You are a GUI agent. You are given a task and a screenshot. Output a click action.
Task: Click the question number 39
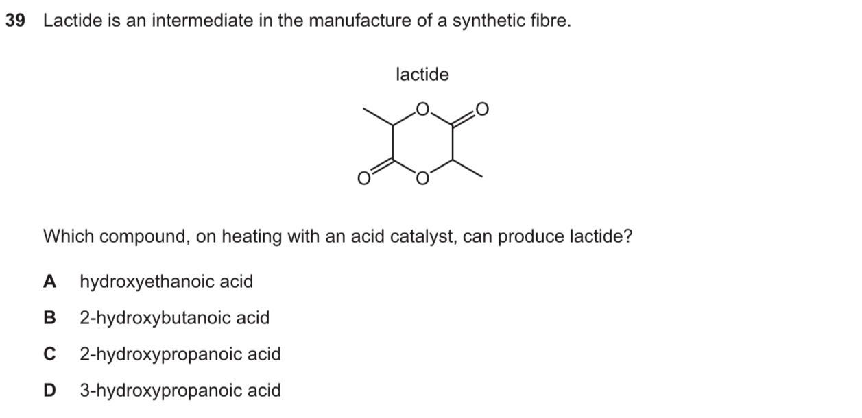(14, 21)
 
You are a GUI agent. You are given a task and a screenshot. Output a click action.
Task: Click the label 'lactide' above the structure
(422, 74)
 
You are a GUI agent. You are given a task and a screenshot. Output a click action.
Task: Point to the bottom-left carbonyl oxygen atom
(363, 180)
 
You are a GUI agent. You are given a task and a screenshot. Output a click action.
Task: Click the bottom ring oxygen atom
(422, 180)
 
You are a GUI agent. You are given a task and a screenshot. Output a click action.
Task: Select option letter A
(50, 282)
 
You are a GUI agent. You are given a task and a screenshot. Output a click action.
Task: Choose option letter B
(50, 318)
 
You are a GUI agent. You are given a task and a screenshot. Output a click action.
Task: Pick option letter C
(50, 354)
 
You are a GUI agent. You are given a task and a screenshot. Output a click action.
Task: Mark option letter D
(50, 391)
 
